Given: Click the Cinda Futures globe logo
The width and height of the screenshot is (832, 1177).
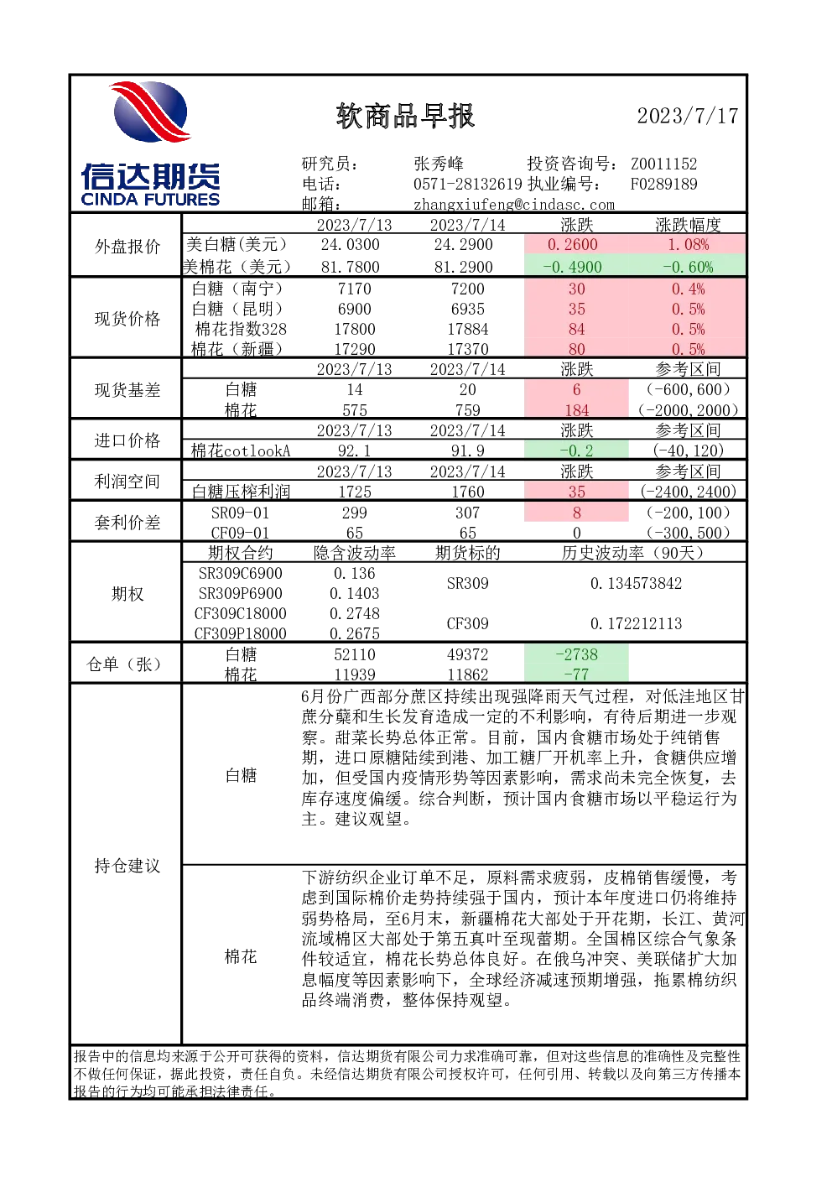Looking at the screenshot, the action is [150, 112].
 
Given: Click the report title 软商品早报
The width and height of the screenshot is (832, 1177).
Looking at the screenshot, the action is [405, 116].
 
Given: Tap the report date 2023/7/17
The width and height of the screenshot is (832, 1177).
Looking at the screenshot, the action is [688, 116].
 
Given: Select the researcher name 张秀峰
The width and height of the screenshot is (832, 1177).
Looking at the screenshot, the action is [439, 164].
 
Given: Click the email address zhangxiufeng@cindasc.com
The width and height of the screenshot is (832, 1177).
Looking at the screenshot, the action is [513, 205].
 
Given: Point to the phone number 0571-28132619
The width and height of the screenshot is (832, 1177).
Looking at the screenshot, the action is [467, 184].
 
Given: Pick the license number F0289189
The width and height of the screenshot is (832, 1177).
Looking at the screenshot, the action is [664, 184].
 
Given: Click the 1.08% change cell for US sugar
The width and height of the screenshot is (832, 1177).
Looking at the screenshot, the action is [688, 244].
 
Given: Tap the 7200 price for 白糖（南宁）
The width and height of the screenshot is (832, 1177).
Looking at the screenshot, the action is [467, 289].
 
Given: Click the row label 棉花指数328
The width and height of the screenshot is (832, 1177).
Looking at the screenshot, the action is [241, 329].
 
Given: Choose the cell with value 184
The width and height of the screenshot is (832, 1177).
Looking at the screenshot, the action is [577, 410].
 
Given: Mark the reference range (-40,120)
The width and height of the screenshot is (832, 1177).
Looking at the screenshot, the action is [688, 450].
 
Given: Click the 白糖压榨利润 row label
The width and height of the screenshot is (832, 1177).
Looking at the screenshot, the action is [241, 492].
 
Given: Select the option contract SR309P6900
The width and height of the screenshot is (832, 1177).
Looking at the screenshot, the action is [241, 593].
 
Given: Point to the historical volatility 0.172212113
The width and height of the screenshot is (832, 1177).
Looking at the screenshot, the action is [636, 623].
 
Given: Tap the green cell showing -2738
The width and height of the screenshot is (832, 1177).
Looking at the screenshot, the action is [577, 654].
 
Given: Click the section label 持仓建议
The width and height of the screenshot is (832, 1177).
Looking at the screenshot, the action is [127, 866].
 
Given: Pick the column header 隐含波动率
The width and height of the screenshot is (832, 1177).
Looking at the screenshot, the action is [355, 553].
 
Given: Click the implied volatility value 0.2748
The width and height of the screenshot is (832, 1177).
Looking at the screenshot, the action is [355, 613].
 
